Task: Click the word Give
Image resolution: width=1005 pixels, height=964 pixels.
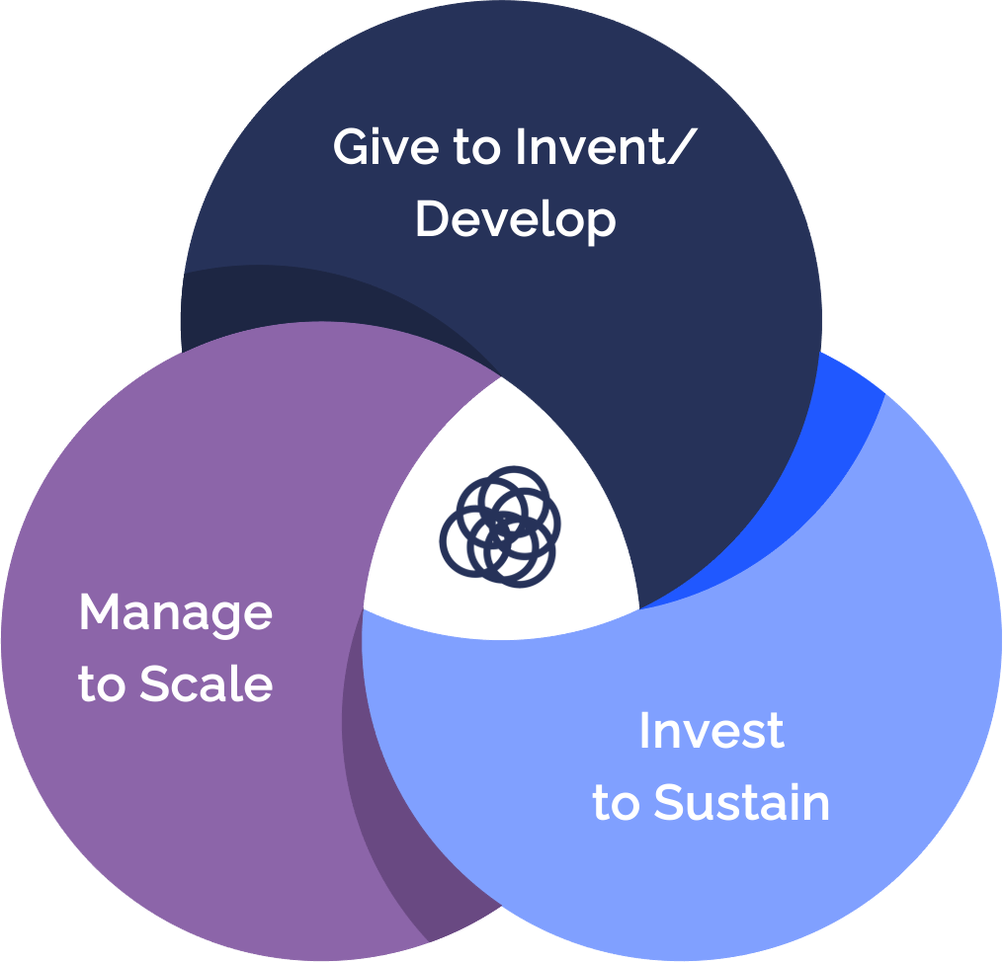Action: pos(385,147)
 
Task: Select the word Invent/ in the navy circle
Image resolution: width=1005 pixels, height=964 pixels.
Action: pos(606,147)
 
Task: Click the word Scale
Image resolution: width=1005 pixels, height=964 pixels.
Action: pos(207,683)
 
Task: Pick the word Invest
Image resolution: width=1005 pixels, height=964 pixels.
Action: pos(712,731)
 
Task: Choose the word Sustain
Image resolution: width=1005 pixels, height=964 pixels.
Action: pos(741,802)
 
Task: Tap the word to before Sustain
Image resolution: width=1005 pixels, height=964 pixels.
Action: pos(616,804)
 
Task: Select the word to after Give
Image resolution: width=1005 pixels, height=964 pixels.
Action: pos(477,148)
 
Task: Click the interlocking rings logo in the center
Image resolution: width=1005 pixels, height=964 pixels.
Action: pos(500,526)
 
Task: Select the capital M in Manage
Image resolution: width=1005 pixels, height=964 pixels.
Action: pos(101,611)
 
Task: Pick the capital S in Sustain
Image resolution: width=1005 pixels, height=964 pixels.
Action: pos(670,801)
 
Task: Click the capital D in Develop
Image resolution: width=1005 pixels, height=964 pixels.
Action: pos(435,219)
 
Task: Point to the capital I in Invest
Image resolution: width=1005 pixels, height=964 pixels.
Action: pos(643,731)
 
